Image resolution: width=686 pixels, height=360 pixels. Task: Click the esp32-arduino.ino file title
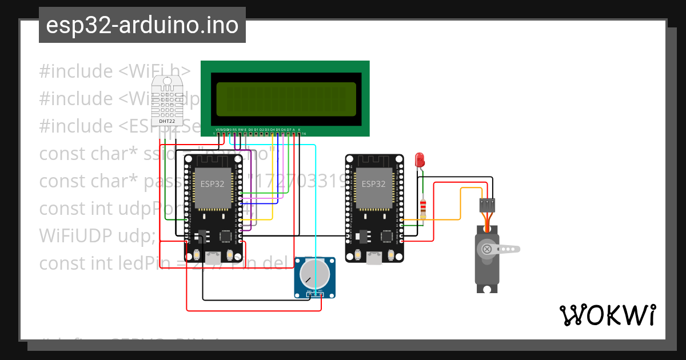click(x=142, y=26)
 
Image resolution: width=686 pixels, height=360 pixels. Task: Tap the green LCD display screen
click(x=285, y=99)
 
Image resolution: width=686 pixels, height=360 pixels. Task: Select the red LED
click(x=420, y=159)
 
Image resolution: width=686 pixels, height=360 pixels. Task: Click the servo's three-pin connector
click(x=487, y=205)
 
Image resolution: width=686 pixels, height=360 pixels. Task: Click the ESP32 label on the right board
click(x=373, y=183)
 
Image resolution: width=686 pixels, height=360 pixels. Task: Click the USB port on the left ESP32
click(x=214, y=258)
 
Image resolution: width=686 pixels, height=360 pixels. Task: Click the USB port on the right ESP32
click(x=375, y=258)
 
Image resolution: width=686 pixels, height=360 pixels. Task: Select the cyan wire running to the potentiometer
click(x=315, y=200)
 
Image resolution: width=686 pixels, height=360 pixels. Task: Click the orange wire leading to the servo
click(x=460, y=206)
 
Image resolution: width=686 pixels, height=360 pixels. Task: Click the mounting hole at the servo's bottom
click(x=487, y=289)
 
